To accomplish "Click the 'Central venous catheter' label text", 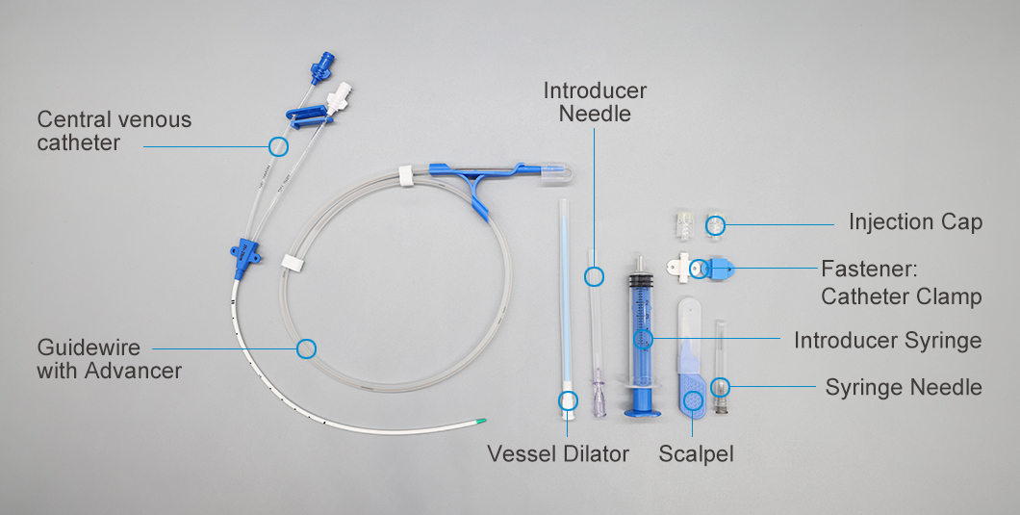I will [114, 132].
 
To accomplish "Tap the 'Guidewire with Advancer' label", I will [109, 358].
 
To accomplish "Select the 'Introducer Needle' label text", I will [595, 102].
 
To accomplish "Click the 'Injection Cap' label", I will [915, 222].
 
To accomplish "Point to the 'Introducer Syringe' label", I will [887, 340].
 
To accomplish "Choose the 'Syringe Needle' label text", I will [903, 387].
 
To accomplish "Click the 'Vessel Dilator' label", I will [557, 453].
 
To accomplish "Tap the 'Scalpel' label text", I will [689, 453].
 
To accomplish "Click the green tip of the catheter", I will [482, 421].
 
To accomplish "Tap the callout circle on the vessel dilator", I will [569, 399].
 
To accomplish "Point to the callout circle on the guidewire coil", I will [306, 348].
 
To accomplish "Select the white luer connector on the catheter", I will [340, 96].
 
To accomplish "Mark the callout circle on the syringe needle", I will [720, 387].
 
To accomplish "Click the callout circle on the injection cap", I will [715, 226].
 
